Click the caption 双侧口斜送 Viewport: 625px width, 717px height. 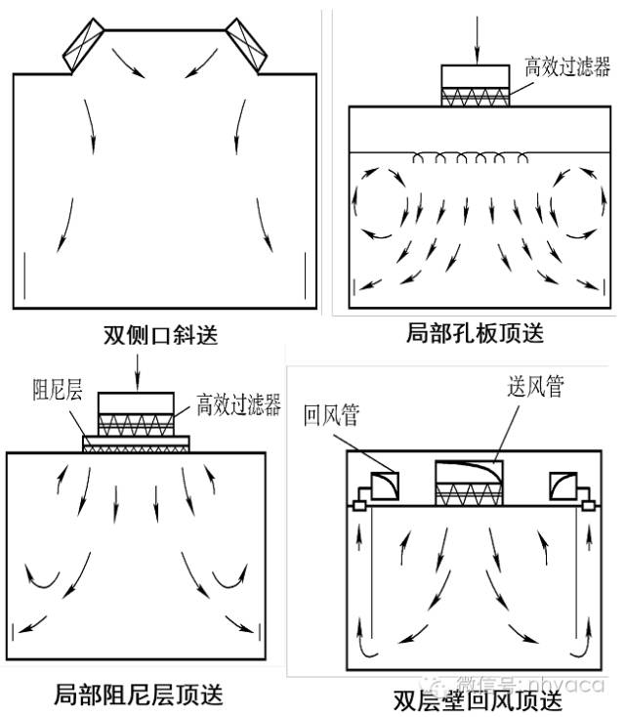click(160, 335)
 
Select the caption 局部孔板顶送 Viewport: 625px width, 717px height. click(475, 333)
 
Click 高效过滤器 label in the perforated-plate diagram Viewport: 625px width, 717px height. click(566, 66)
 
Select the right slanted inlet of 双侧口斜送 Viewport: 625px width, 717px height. click(248, 46)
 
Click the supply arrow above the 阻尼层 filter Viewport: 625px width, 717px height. click(138, 369)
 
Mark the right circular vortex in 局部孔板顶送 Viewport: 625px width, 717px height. click(576, 202)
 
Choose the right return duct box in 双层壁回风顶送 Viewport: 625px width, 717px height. click(563, 485)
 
